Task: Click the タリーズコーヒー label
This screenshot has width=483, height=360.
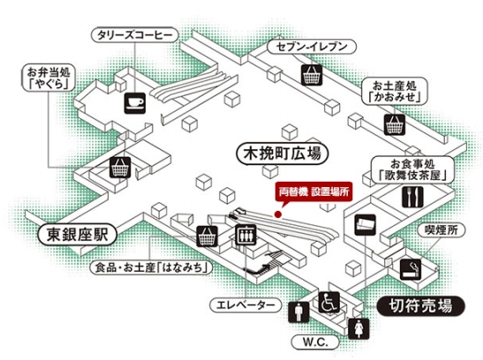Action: click(135, 35)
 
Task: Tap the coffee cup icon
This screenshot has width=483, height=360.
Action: click(135, 102)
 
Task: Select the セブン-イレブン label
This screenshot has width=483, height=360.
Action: click(312, 47)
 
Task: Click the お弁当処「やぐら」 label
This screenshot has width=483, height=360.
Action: click(49, 78)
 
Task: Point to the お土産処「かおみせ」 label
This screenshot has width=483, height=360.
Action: click(395, 91)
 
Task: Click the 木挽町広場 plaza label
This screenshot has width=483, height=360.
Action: click(283, 154)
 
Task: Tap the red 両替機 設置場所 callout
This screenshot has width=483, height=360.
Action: click(313, 191)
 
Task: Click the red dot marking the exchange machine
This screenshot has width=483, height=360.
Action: click(278, 214)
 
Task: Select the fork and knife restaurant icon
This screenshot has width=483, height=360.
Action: click(412, 197)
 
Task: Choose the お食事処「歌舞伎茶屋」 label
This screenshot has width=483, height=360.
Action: click(412, 169)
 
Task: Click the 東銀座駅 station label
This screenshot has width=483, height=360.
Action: click(78, 235)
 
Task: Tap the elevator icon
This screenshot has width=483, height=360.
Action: click(245, 235)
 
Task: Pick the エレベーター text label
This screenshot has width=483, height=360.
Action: click(245, 305)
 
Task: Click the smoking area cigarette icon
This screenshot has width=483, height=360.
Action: click(411, 269)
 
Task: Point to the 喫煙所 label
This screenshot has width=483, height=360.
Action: click(441, 229)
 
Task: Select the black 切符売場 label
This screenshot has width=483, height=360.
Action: click(420, 306)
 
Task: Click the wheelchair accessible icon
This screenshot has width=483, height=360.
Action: click(329, 302)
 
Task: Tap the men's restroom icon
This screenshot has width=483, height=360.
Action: click(298, 312)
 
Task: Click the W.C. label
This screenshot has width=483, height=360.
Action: click(315, 342)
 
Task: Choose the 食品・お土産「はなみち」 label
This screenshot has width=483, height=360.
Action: click(151, 267)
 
